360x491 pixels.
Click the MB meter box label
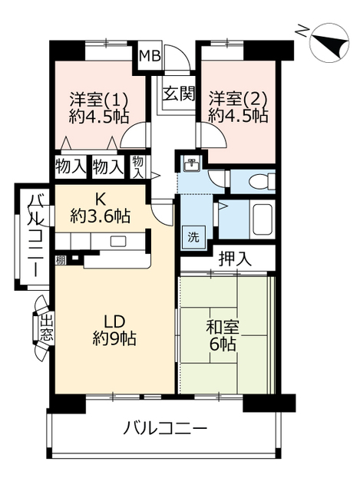coord(150,56)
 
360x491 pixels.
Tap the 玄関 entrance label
coord(178,94)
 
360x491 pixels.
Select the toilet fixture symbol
coord(262,181)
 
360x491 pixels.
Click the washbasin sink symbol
coord(191,165)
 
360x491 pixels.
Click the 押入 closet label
coord(235,259)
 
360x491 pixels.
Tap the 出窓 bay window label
coord(46,328)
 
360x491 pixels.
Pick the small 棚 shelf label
coord(61,260)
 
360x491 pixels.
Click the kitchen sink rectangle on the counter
coord(118,241)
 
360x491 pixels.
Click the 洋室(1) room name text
coord(99,100)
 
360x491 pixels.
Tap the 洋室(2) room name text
coord(238,99)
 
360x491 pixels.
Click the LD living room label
coord(114,321)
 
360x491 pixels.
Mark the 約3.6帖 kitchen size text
coord(100,216)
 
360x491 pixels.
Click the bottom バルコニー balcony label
coord(164,428)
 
